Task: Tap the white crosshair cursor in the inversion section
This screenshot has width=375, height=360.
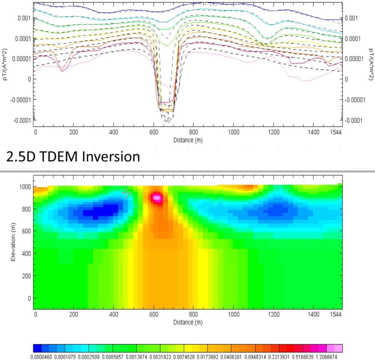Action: [x=126, y=193]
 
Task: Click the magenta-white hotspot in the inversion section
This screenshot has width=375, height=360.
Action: [x=157, y=197]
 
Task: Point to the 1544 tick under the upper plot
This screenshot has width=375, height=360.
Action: [x=335, y=132]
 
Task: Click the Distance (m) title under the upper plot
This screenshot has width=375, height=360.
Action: [x=188, y=140]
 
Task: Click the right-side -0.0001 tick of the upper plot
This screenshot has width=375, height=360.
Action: [x=354, y=121]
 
